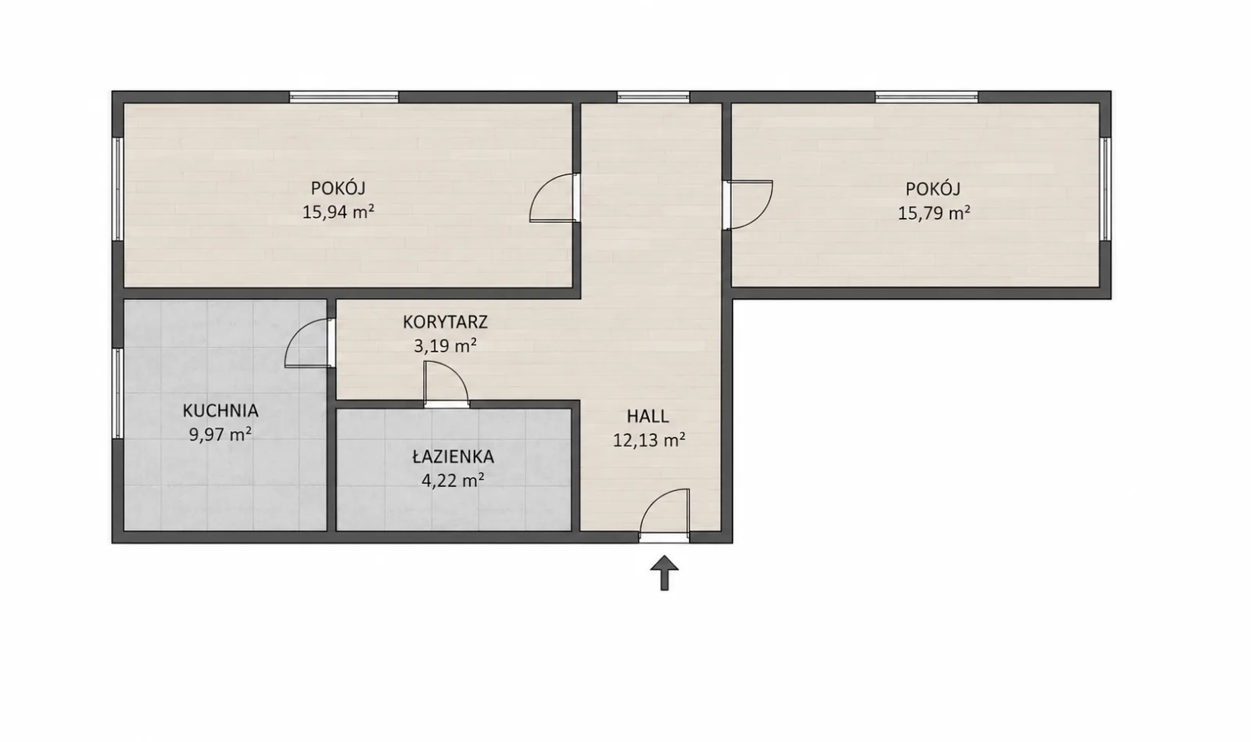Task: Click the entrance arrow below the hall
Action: coord(664,573)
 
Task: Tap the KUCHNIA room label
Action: coord(220,411)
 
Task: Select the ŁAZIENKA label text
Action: coord(453,457)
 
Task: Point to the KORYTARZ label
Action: coord(445,322)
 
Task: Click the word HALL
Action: coord(648,417)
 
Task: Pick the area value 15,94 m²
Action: coord(339,212)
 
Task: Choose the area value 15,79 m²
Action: coord(934,213)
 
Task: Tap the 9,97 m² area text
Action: coord(220,435)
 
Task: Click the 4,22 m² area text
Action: coord(453,480)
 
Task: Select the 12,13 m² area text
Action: coord(649,440)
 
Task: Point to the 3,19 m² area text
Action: coord(445,346)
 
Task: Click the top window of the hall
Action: coord(653,97)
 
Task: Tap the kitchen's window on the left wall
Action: coord(117,393)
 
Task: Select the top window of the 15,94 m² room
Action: coord(344,97)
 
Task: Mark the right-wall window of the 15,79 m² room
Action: coord(1106,188)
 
